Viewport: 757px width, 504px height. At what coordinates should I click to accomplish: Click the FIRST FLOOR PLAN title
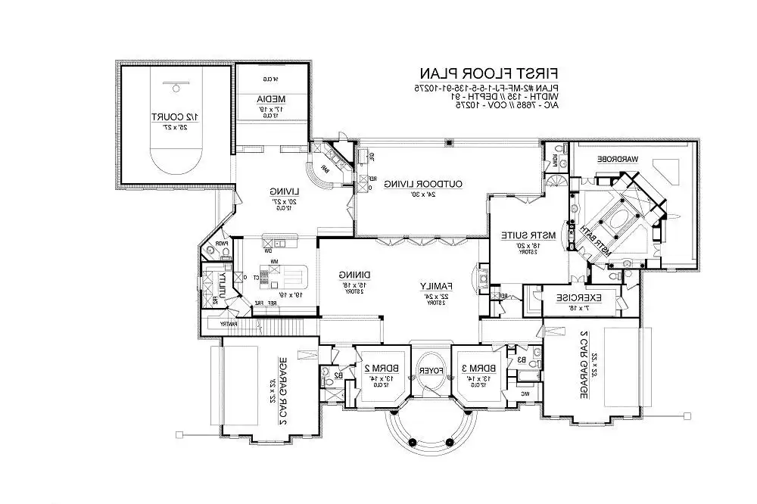489,74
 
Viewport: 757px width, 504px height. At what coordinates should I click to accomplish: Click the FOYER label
430,371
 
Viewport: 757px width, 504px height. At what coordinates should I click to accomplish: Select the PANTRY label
229,324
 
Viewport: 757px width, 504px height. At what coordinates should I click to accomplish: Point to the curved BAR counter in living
319,178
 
